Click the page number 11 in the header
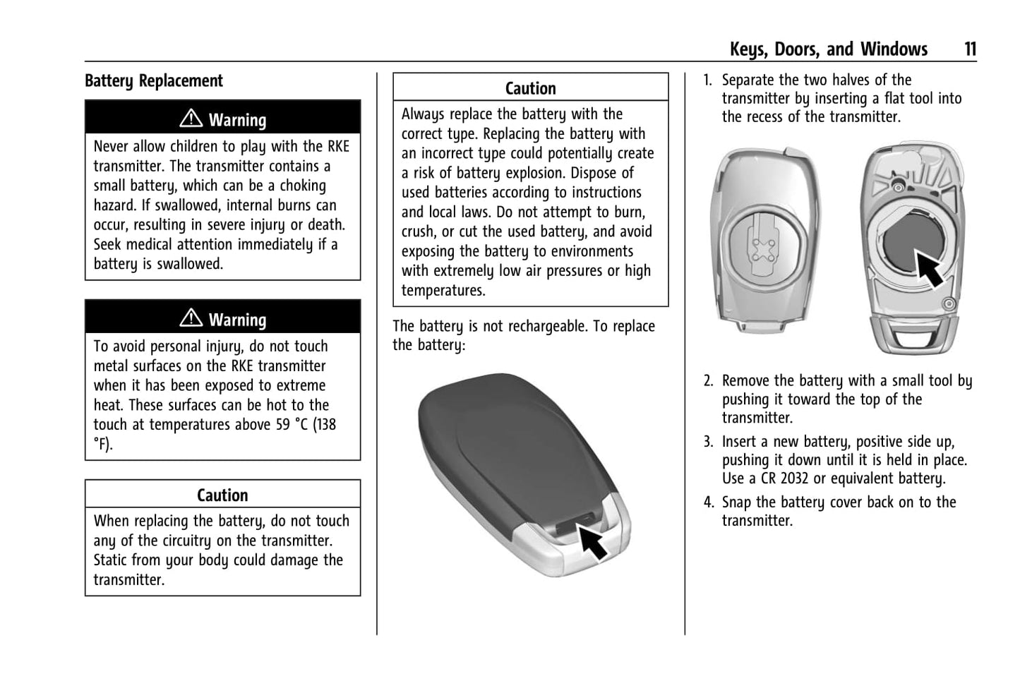(x=970, y=49)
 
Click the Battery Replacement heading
(x=153, y=81)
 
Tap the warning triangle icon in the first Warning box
(x=191, y=119)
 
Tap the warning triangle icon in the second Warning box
(x=191, y=318)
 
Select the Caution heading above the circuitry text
(x=222, y=495)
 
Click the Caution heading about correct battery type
(x=530, y=88)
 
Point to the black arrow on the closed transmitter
(x=592, y=541)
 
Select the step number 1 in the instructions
(x=708, y=80)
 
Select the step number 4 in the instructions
(x=708, y=502)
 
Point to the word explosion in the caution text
(x=601, y=173)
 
